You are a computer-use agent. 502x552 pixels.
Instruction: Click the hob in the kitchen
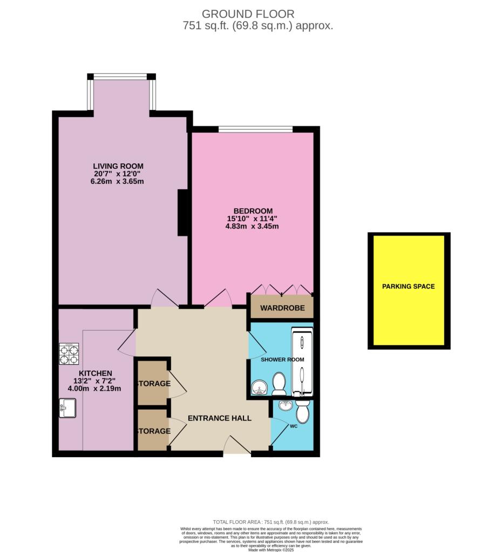(69, 354)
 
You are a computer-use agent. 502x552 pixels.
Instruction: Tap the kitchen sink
(68, 408)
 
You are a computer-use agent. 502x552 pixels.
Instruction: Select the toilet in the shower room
(279, 384)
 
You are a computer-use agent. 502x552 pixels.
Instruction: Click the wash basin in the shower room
(260, 388)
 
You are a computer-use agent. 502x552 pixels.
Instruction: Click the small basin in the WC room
(284, 405)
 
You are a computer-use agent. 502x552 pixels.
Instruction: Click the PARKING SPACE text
(408, 286)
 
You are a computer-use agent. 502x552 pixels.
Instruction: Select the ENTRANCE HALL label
(219, 418)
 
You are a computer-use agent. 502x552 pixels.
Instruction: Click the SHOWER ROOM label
(282, 360)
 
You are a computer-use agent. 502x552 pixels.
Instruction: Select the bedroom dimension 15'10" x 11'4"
(253, 218)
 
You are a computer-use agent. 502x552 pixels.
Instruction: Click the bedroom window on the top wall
(255, 129)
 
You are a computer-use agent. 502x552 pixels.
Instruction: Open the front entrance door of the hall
(237, 447)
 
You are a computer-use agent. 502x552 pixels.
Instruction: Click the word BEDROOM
(253, 211)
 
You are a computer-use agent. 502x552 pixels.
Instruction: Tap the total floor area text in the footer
(270, 522)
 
